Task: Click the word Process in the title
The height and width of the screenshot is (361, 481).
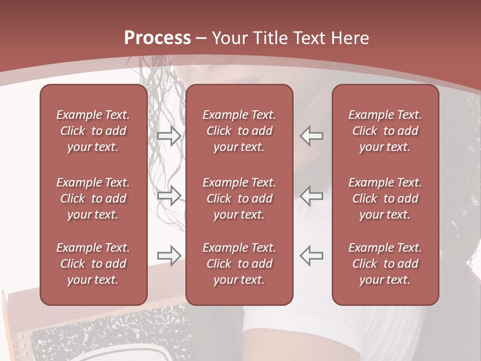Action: (157, 38)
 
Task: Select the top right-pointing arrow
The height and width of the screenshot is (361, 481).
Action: (169, 135)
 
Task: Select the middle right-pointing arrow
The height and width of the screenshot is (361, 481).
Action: (169, 195)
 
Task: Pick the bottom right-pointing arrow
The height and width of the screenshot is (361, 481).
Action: (169, 255)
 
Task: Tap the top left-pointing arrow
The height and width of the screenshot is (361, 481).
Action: (312, 135)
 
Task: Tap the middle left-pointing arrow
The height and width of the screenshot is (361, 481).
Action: (312, 195)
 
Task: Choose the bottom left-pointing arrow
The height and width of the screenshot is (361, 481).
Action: (312, 255)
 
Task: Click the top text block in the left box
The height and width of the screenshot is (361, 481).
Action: (93, 131)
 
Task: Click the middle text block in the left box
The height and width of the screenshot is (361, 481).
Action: (93, 199)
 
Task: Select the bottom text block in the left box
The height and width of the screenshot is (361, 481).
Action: (93, 264)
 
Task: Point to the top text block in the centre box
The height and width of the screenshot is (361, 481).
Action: (239, 131)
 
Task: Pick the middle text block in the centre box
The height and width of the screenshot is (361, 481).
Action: (239, 199)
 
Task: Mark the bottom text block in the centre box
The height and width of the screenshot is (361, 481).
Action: (239, 264)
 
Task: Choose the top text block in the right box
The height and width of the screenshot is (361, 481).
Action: (385, 131)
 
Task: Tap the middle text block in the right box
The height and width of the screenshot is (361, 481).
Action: (385, 199)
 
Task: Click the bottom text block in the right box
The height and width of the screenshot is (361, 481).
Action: (385, 264)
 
